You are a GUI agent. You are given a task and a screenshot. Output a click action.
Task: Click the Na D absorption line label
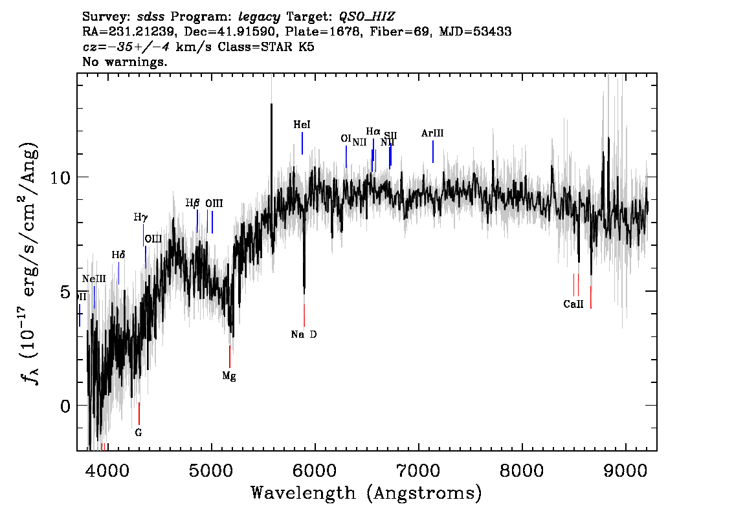click(304, 334)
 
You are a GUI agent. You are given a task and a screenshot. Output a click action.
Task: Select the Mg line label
click(229, 376)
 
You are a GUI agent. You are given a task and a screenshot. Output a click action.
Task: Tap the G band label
click(139, 431)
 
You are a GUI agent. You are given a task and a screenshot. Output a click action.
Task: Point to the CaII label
click(573, 303)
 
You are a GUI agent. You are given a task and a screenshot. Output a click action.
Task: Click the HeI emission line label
click(302, 124)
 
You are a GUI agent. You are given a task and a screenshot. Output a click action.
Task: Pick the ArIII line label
click(432, 133)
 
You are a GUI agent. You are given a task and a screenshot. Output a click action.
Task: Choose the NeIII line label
click(94, 279)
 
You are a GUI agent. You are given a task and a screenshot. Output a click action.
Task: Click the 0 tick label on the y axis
click(65, 406)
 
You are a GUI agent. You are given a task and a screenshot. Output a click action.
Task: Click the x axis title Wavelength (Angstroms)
click(366, 493)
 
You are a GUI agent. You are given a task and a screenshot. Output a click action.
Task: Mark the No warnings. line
click(125, 62)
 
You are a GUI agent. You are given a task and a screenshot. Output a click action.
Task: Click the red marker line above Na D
click(304, 315)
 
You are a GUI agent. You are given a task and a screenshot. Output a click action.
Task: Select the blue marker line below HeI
click(302, 143)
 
